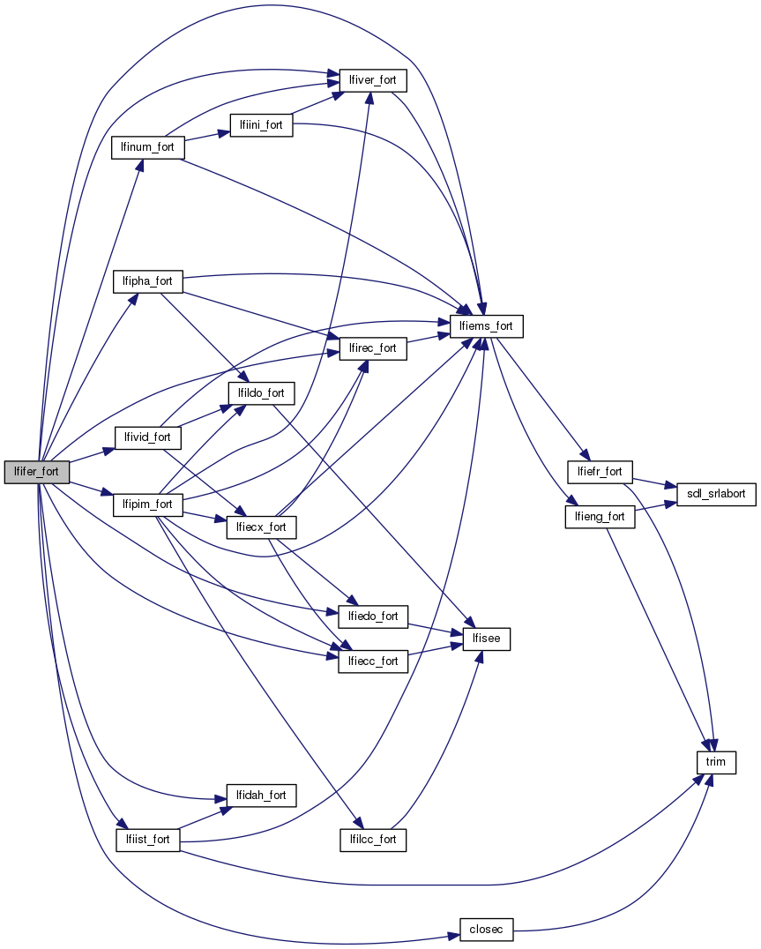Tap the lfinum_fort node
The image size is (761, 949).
coord(147,146)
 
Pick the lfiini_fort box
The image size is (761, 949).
coord(260,125)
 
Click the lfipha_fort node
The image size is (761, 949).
coord(147,282)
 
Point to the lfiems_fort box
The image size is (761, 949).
coord(487,326)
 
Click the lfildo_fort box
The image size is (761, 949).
coord(261,391)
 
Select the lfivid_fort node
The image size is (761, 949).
coord(148,437)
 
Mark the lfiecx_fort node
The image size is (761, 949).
coord(261,527)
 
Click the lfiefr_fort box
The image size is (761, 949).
coord(600,472)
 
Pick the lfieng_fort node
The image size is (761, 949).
coord(600,516)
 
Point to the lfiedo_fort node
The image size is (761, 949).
coord(373,616)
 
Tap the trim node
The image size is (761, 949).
coord(715,761)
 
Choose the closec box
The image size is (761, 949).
coord(486,929)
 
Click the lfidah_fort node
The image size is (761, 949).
coord(261,796)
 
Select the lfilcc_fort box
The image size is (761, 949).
coord(373,839)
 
